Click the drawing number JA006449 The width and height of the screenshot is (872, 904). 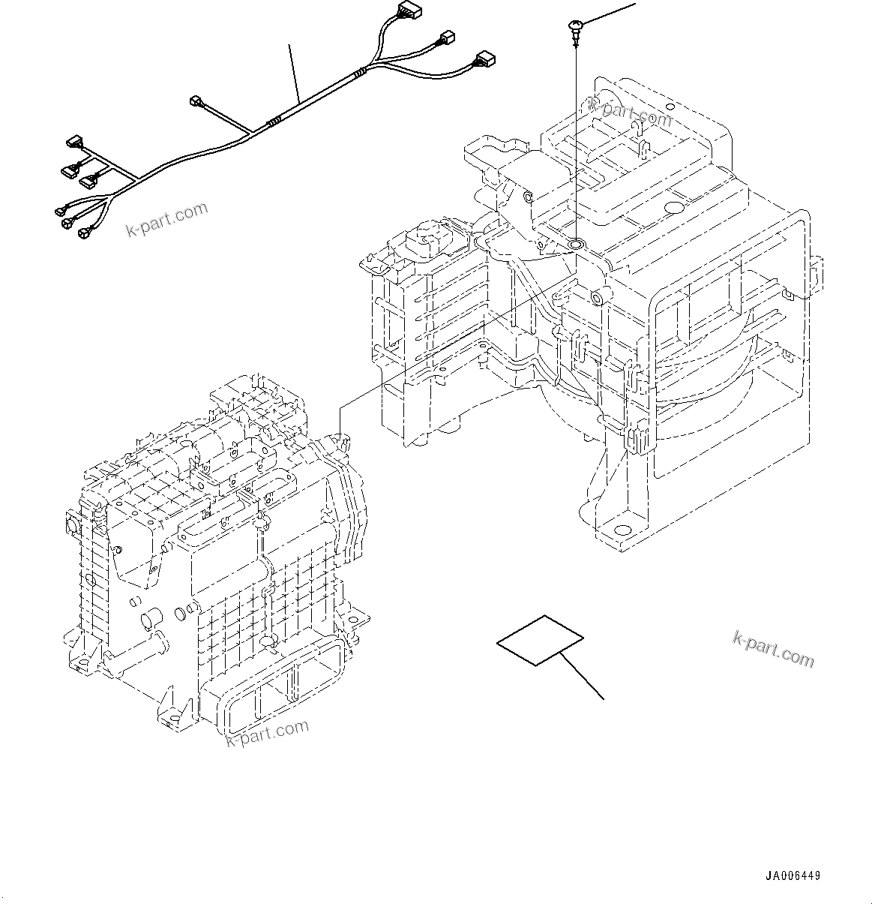tap(793, 875)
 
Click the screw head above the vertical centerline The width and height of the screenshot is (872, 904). tap(575, 29)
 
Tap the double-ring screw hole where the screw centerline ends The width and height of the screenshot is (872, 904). tap(577, 244)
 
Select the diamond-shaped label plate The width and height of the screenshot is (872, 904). tap(540, 640)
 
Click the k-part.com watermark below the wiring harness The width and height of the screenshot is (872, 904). tap(166, 219)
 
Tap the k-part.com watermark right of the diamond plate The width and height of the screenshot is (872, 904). tap(772, 648)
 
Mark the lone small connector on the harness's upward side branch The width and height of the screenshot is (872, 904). tap(196, 100)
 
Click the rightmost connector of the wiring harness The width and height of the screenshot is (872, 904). tap(484, 59)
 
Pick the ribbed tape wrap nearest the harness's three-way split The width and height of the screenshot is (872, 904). tap(361, 72)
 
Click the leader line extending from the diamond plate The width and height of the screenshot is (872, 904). tap(583, 676)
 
